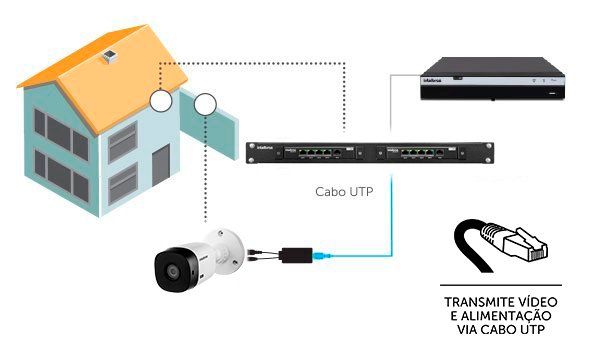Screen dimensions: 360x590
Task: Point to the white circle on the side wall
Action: point(205,103)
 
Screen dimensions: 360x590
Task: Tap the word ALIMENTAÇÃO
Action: point(500,315)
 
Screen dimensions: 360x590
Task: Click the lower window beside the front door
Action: point(122,180)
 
